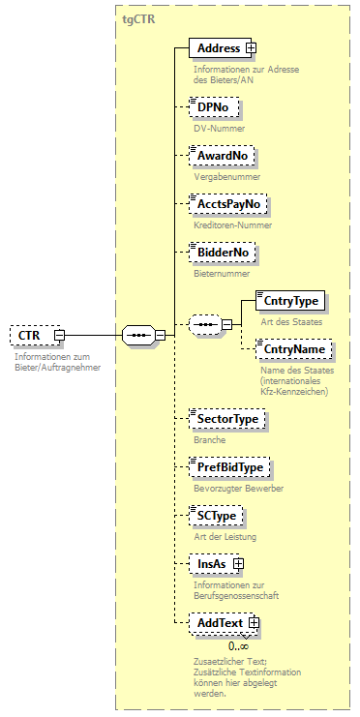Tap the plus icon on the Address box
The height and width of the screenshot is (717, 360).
pos(250,47)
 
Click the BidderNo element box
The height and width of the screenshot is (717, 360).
pos(224,253)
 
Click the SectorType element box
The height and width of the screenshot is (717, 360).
pos(227,419)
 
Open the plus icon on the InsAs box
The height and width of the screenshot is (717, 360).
pos(238,564)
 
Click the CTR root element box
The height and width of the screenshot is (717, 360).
pos(30,336)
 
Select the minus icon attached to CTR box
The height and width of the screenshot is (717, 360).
pos(59,336)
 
